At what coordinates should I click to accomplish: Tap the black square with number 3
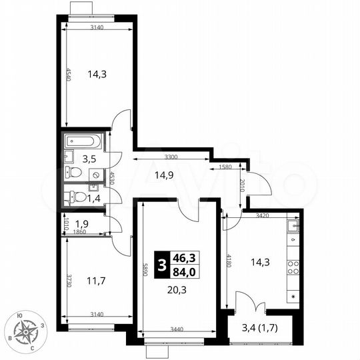pyautogui.click(x=160, y=262)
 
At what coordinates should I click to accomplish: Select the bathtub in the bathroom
pyautogui.click(x=83, y=141)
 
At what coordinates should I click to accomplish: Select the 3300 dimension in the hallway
pyautogui.click(x=172, y=158)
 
